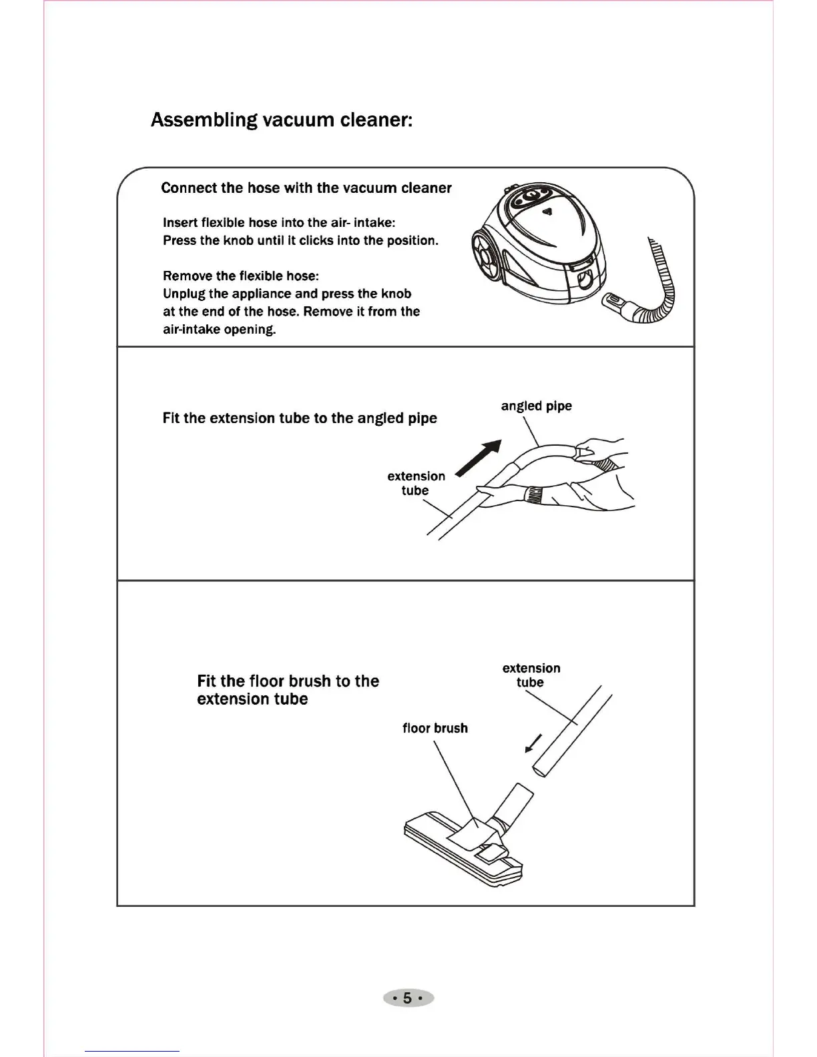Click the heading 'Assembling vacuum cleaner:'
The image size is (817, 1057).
pyautogui.click(x=282, y=120)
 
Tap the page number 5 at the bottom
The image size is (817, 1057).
pyautogui.click(x=408, y=998)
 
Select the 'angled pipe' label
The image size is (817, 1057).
pyautogui.click(x=536, y=406)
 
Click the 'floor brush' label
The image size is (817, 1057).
pyautogui.click(x=435, y=728)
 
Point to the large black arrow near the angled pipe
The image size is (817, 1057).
pyautogui.click(x=479, y=458)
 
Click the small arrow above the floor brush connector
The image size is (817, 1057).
pyautogui.click(x=533, y=743)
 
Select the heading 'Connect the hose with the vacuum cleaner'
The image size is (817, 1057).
pyautogui.click(x=306, y=188)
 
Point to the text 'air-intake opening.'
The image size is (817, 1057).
pyautogui.click(x=220, y=329)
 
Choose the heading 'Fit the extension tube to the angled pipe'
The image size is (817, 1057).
pyautogui.click(x=300, y=418)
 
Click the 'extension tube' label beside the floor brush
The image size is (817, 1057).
pyautogui.click(x=531, y=675)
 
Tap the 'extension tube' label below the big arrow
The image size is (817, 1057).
pyautogui.click(x=416, y=483)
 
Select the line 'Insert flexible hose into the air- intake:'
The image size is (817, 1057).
pyautogui.click(x=279, y=222)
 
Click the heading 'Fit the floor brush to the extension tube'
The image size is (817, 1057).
pyautogui.click(x=288, y=690)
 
